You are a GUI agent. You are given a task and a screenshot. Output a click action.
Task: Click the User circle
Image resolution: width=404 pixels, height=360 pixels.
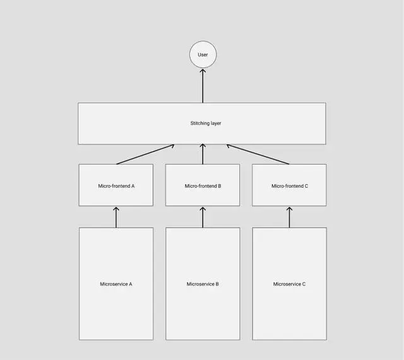point(203,55)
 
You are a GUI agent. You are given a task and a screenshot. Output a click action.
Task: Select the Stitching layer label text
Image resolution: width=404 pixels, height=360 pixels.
point(206,123)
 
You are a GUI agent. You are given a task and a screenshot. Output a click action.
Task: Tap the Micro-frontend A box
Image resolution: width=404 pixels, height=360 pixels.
point(116,185)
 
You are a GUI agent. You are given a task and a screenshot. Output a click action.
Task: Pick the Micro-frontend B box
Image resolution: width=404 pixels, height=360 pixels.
point(203,185)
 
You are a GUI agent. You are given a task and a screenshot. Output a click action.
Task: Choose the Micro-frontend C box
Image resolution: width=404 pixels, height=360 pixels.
point(289,185)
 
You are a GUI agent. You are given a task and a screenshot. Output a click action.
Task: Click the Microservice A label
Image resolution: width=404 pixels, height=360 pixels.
point(116,284)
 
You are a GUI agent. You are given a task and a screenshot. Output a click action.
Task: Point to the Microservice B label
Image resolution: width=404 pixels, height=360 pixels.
point(203,284)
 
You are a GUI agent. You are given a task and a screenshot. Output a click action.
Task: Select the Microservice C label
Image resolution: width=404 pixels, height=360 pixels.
point(289,284)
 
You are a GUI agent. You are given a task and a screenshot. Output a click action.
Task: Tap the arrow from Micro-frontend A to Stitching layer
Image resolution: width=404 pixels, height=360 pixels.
point(145,154)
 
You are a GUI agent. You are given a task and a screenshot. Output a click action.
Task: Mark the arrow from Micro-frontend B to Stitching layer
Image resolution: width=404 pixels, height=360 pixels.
point(203,154)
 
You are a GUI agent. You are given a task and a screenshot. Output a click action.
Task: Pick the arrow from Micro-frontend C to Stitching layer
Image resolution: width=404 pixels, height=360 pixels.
point(259,154)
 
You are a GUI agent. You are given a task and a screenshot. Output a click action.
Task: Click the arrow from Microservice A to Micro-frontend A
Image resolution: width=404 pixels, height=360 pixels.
point(116,217)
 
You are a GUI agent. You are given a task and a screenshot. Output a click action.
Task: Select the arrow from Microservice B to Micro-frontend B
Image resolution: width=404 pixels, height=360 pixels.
point(203,217)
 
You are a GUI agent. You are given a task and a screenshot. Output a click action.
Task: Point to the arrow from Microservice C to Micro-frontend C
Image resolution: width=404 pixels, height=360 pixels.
point(289,217)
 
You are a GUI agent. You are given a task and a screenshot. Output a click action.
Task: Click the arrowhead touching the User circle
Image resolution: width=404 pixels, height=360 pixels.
point(203,72)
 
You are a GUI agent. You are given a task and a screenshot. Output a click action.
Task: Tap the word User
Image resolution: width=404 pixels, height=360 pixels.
point(203,55)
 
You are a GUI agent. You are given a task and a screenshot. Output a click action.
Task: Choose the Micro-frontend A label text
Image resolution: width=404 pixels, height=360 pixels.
point(116,186)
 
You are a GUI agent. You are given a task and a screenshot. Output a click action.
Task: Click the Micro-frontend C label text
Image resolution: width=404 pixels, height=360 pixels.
point(290,186)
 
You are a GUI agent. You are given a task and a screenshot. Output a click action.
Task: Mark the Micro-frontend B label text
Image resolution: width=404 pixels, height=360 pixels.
point(203,186)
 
